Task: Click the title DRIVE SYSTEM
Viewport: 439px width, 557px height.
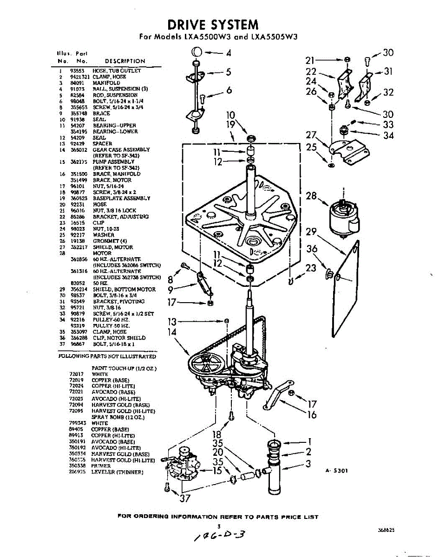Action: click(213, 24)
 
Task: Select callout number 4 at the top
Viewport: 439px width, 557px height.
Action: click(229, 53)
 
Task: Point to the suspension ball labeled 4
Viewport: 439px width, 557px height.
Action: click(196, 52)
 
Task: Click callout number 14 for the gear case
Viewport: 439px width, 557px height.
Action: click(172, 332)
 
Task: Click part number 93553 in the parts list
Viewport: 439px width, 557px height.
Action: click(76, 71)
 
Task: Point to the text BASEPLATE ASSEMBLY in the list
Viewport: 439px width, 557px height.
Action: click(121, 198)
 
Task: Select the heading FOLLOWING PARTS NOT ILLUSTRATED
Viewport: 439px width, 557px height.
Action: click(107, 356)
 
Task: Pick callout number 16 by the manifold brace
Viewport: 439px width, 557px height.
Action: click(312, 415)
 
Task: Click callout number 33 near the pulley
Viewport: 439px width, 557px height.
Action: click(388, 125)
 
